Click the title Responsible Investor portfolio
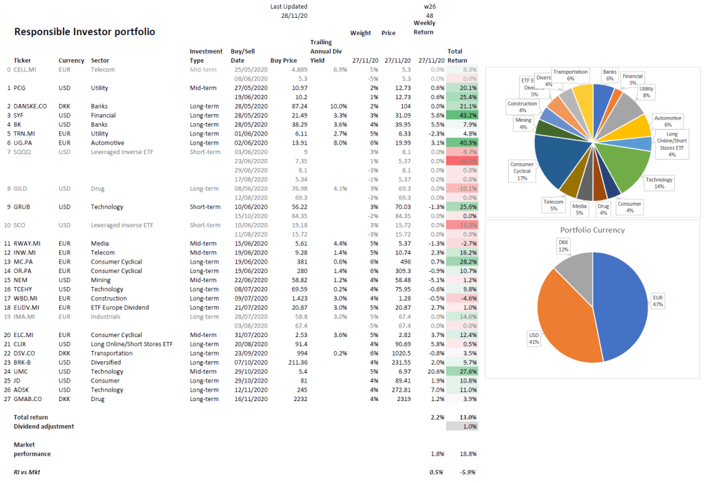click(x=85, y=32)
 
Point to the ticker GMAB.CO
click(x=28, y=398)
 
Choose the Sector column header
click(x=100, y=61)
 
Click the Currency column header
click(x=72, y=61)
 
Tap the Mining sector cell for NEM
click(x=100, y=280)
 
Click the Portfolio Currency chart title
click(x=592, y=230)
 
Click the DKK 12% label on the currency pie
click(x=563, y=246)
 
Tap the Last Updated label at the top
click(x=289, y=6)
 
